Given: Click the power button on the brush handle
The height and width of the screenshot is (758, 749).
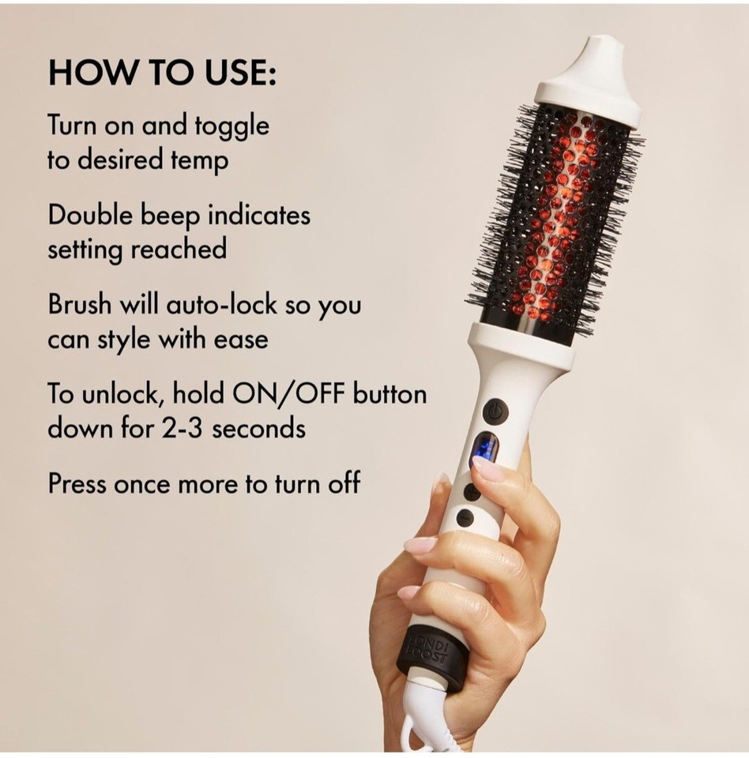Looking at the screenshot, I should click(495, 411).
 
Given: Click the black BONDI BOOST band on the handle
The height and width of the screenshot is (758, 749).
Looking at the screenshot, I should click(430, 647).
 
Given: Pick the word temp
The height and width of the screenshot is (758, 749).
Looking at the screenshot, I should click(201, 162).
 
